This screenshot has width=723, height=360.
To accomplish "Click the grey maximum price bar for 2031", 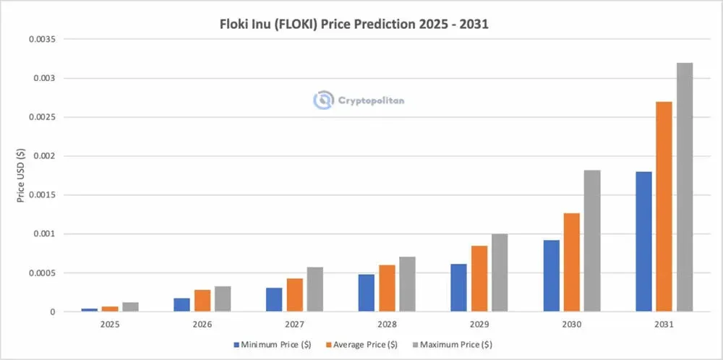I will (684, 188).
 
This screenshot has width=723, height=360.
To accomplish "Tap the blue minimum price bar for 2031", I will (643, 241).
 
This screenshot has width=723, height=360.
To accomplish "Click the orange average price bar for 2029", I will (479, 279).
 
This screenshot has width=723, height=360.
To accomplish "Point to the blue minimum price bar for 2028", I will (367, 293).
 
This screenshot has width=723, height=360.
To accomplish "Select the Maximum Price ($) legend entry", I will (455, 344).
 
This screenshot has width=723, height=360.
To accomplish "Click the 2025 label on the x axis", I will (111, 325).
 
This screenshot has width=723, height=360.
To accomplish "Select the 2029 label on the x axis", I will (479, 325).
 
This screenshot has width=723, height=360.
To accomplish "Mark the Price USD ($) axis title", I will (22, 176).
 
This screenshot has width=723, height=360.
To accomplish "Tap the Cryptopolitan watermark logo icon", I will (323, 100).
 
